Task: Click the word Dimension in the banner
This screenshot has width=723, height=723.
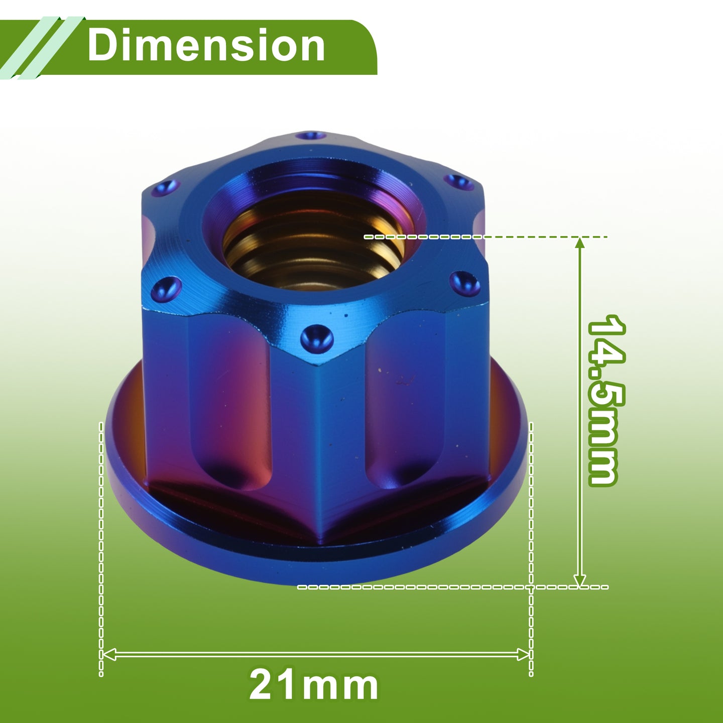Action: [x=206, y=46]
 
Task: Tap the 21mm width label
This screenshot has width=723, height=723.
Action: [x=313, y=685]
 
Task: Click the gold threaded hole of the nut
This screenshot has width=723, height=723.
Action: [x=313, y=240]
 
